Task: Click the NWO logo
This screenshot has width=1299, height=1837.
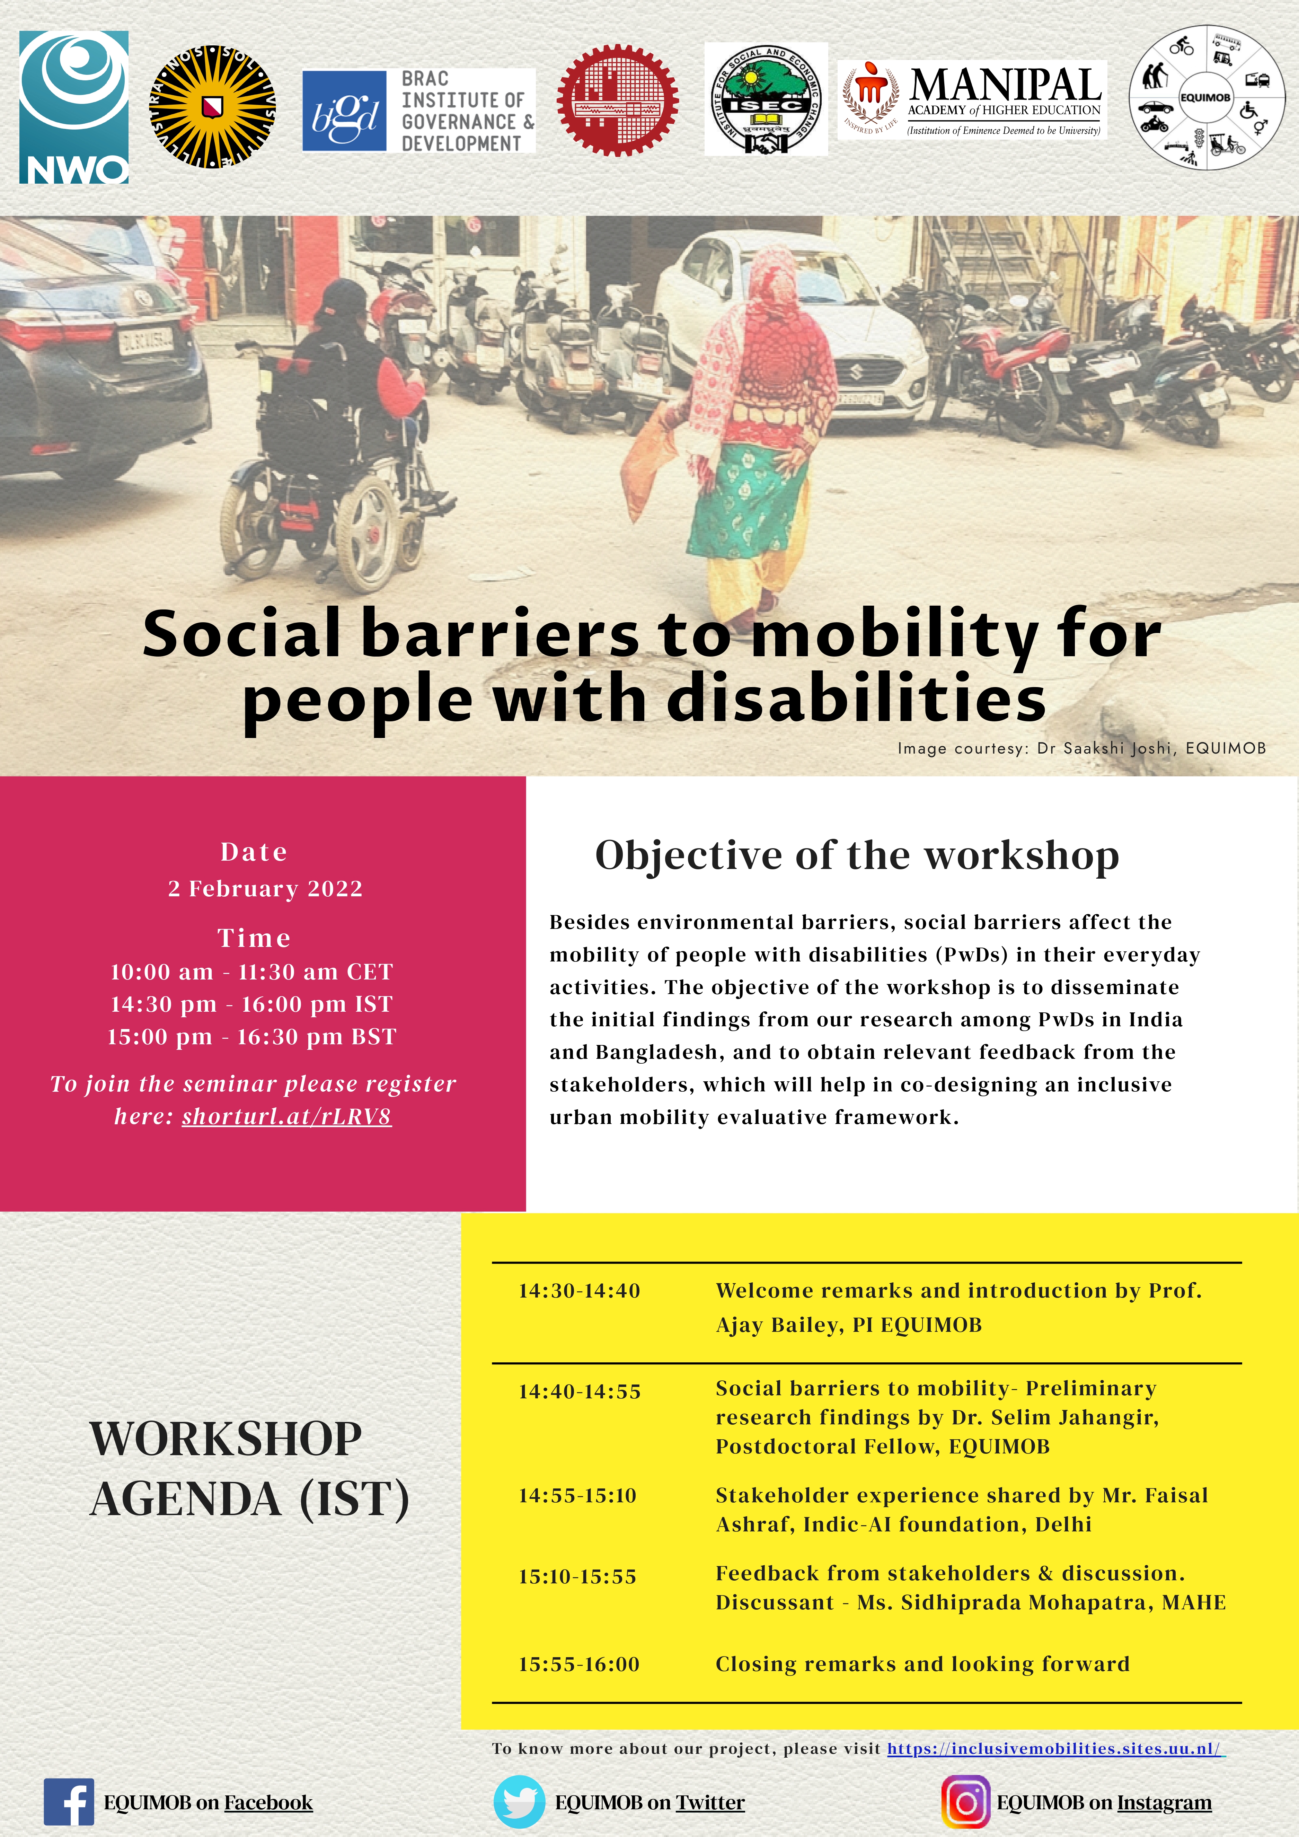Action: [x=73, y=107]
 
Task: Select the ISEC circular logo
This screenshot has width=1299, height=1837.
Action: [x=766, y=99]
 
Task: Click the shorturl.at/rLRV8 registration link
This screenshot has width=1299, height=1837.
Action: [x=286, y=1116]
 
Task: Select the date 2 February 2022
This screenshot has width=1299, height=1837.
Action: [x=265, y=889]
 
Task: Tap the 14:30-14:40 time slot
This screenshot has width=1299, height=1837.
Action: [x=579, y=1291]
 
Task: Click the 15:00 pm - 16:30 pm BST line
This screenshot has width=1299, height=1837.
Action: [x=252, y=1037]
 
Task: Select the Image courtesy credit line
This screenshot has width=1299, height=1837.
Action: [x=1081, y=748]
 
